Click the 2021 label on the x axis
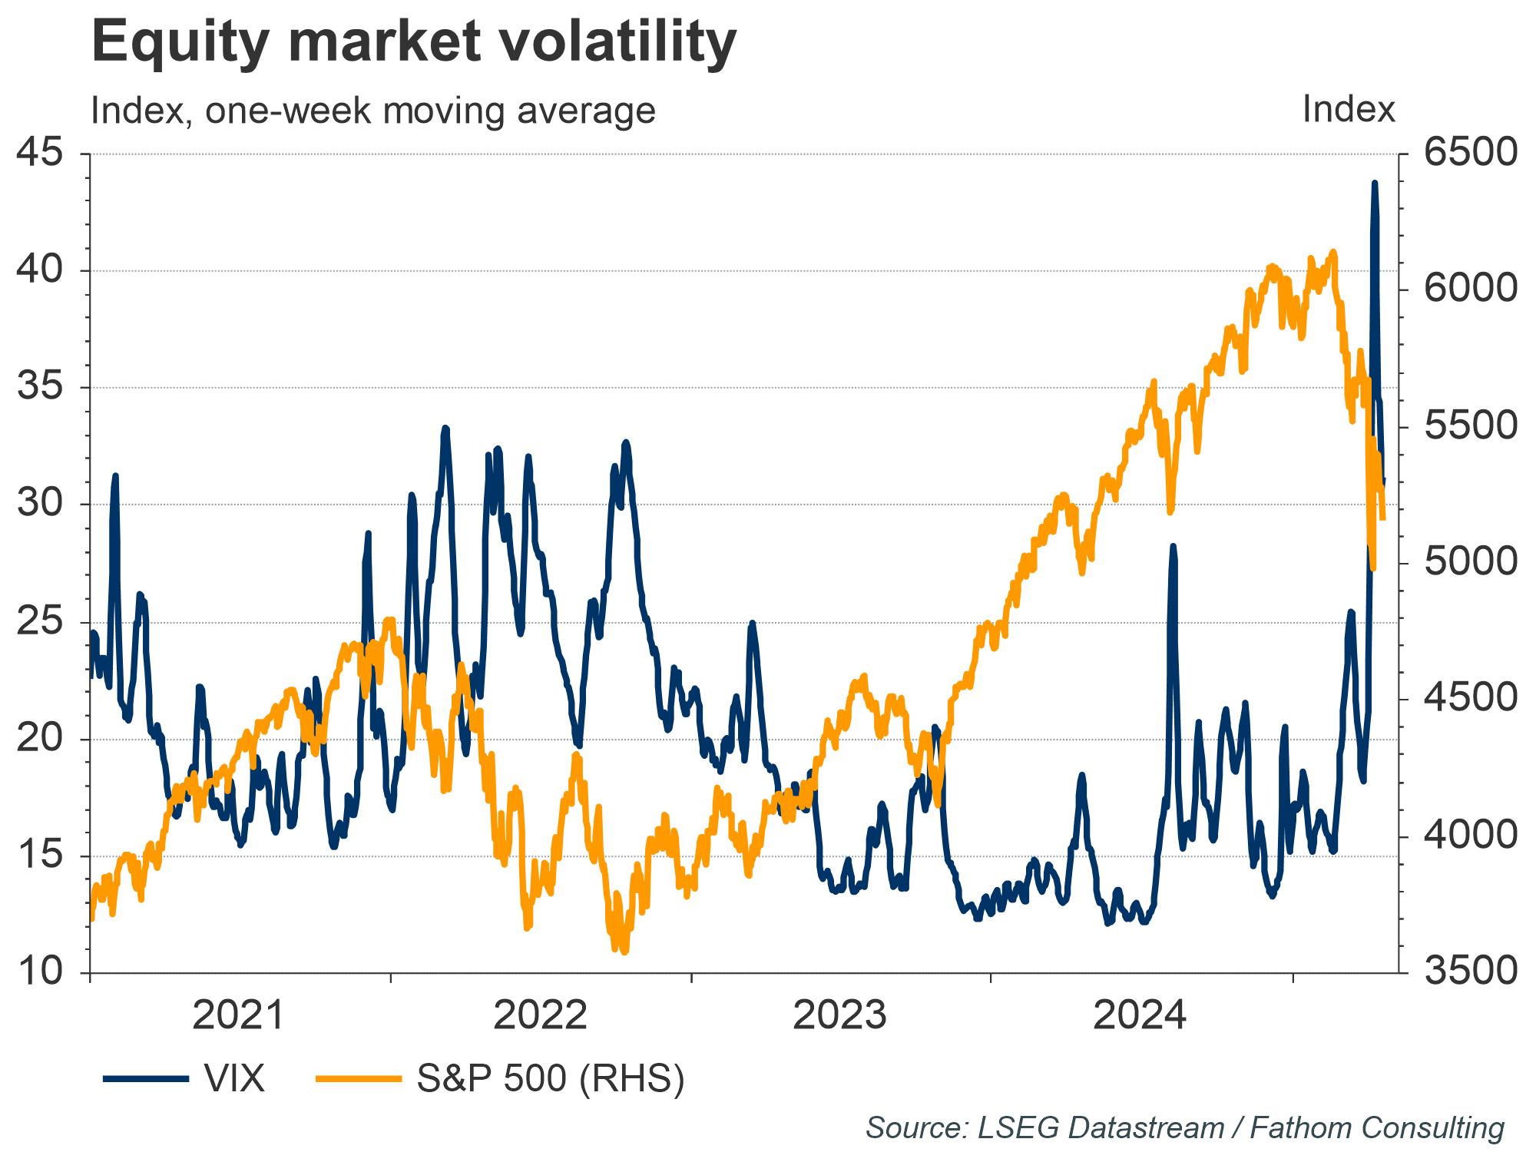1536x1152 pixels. pyautogui.click(x=240, y=1016)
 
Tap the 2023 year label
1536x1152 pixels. pyautogui.click(x=840, y=1016)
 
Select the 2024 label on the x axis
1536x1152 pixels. pyautogui.click(x=1140, y=1016)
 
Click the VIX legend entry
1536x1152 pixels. pyautogui.click(x=184, y=1079)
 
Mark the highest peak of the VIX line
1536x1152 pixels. pyautogui.click(x=1374, y=183)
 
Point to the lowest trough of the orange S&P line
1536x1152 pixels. pyautogui.click(x=624, y=952)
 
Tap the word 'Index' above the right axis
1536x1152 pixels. pyautogui.click(x=1349, y=110)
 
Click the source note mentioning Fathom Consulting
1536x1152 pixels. pyautogui.click(x=1185, y=1128)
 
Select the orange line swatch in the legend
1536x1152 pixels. pyautogui.click(x=359, y=1080)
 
